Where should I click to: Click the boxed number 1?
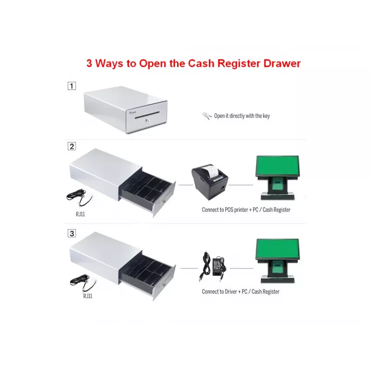(72, 86)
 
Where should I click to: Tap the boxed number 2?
(72, 146)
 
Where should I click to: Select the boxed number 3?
(72, 233)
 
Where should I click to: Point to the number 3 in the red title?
(89, 63)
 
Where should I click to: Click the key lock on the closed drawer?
(147, 121)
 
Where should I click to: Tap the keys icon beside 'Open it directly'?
(207, 116)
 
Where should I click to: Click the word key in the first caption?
(266, 116)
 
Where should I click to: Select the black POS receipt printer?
(210, 182)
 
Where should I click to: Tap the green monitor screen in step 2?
(277, 166)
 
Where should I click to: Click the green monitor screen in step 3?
(277, 249)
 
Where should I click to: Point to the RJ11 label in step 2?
(80, 214)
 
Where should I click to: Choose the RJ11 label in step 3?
(88, 296)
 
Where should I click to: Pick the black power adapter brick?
(218, 266)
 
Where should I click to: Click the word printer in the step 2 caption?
(241, 210)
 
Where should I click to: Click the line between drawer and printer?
(185, 185)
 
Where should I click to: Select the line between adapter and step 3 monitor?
(241, 269)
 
